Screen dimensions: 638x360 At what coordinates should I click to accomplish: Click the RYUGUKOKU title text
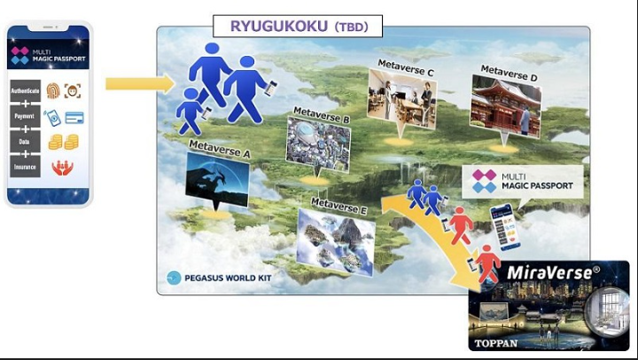tap(279, 26)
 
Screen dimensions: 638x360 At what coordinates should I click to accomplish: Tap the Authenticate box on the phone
tap(25, 90)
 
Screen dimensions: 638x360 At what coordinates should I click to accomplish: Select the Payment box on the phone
tap(25, 116)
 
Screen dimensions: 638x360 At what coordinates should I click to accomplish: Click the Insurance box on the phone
tap(25, 167)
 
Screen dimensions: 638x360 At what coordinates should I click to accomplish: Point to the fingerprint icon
tap(53, 90)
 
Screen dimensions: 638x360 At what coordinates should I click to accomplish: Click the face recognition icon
tap(73, 90)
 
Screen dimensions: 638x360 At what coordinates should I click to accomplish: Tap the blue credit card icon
tap(74, 118)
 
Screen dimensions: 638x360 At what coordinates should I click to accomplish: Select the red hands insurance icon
tap(62, 168)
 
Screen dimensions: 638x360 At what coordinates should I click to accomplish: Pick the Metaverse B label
tap(322, 115)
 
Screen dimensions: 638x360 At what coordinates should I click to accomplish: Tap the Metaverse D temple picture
tap(506, 106)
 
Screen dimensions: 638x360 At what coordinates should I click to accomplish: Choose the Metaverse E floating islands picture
tap(336, 242)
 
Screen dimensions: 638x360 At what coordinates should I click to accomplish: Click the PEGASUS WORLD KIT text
tap(228, 278)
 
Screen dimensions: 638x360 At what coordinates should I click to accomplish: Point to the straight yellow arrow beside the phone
tap(140, 83)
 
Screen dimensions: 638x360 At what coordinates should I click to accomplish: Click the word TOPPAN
tap(496, 343)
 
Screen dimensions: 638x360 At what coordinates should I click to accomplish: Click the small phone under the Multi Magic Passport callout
tap(505, 227)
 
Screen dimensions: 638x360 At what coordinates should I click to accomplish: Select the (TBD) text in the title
tap(351, 27)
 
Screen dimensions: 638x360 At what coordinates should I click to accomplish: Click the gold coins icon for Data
tap(64, 142)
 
